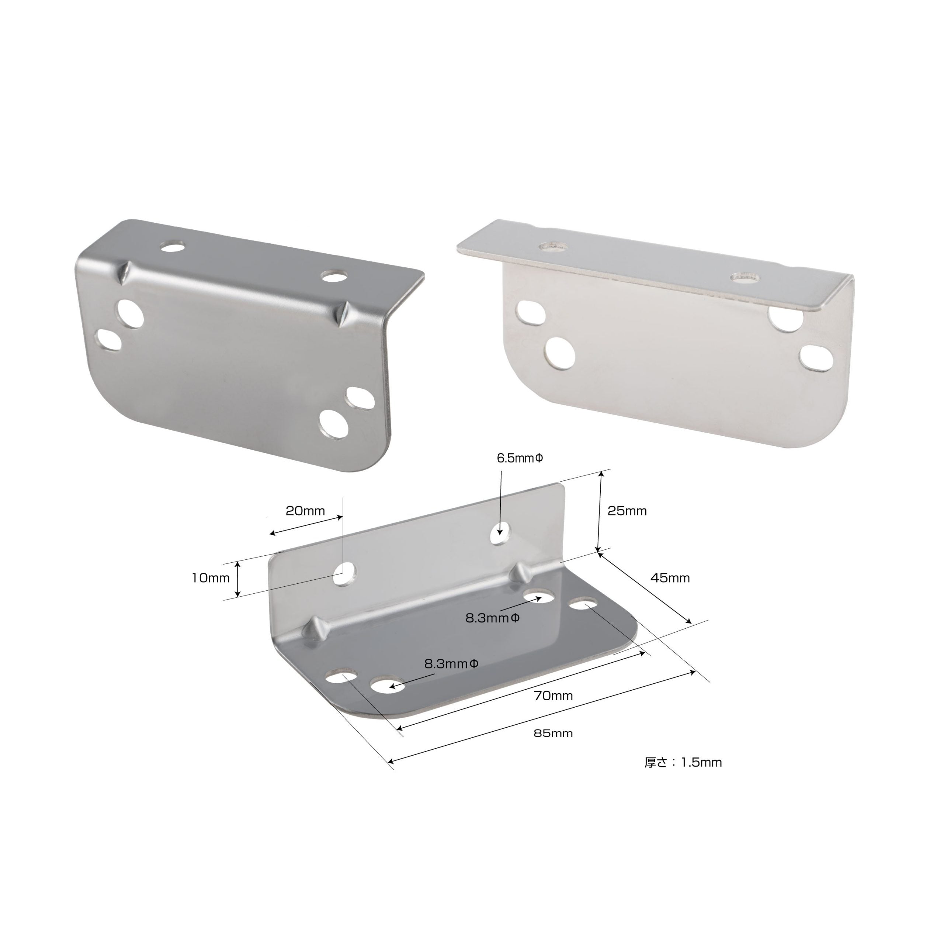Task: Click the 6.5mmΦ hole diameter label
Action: point(520,458)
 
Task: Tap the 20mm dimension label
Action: point(305,511)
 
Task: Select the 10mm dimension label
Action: point(210,579)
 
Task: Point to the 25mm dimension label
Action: point(627,511)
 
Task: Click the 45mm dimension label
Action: point(670,578)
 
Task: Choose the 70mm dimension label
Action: point(553,696)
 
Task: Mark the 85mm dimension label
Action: point(553,733)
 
